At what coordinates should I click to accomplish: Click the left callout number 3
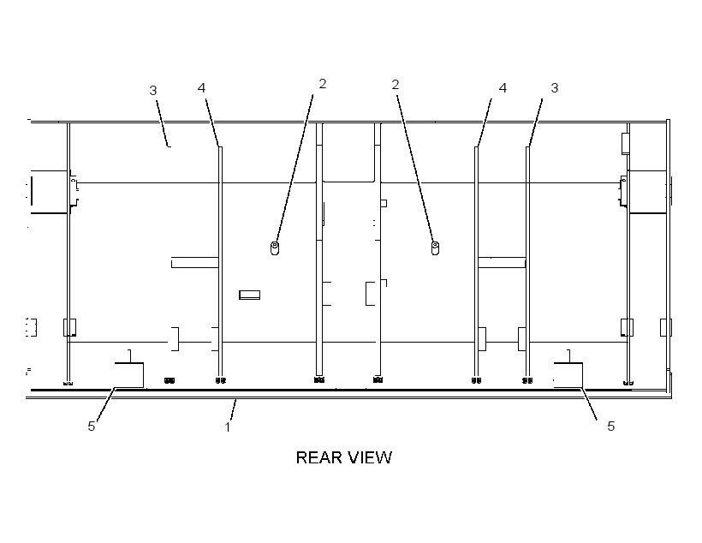point(153,91)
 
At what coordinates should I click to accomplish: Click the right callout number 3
point(554,88)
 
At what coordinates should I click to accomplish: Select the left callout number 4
point(201,88)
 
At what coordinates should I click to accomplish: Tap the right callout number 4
point(503,88)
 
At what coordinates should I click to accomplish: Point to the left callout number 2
point(323,84)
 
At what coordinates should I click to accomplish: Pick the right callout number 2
point(395,85)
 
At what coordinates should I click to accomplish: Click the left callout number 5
point(92,426)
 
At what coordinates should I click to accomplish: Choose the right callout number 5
point(610,426)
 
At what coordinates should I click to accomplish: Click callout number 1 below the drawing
point(228,427)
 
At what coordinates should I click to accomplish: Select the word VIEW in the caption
point(371,457)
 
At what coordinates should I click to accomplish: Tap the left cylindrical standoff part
point(275,248)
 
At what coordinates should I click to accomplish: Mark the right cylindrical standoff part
point(435,248)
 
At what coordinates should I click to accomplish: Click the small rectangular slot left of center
point(249,295)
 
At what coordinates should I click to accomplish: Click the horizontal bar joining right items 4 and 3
point(502,263)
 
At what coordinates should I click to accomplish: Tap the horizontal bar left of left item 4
point(194,263)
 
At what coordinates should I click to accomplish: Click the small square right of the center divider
point(384,203)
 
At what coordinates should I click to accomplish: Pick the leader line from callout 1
point(233,409)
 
